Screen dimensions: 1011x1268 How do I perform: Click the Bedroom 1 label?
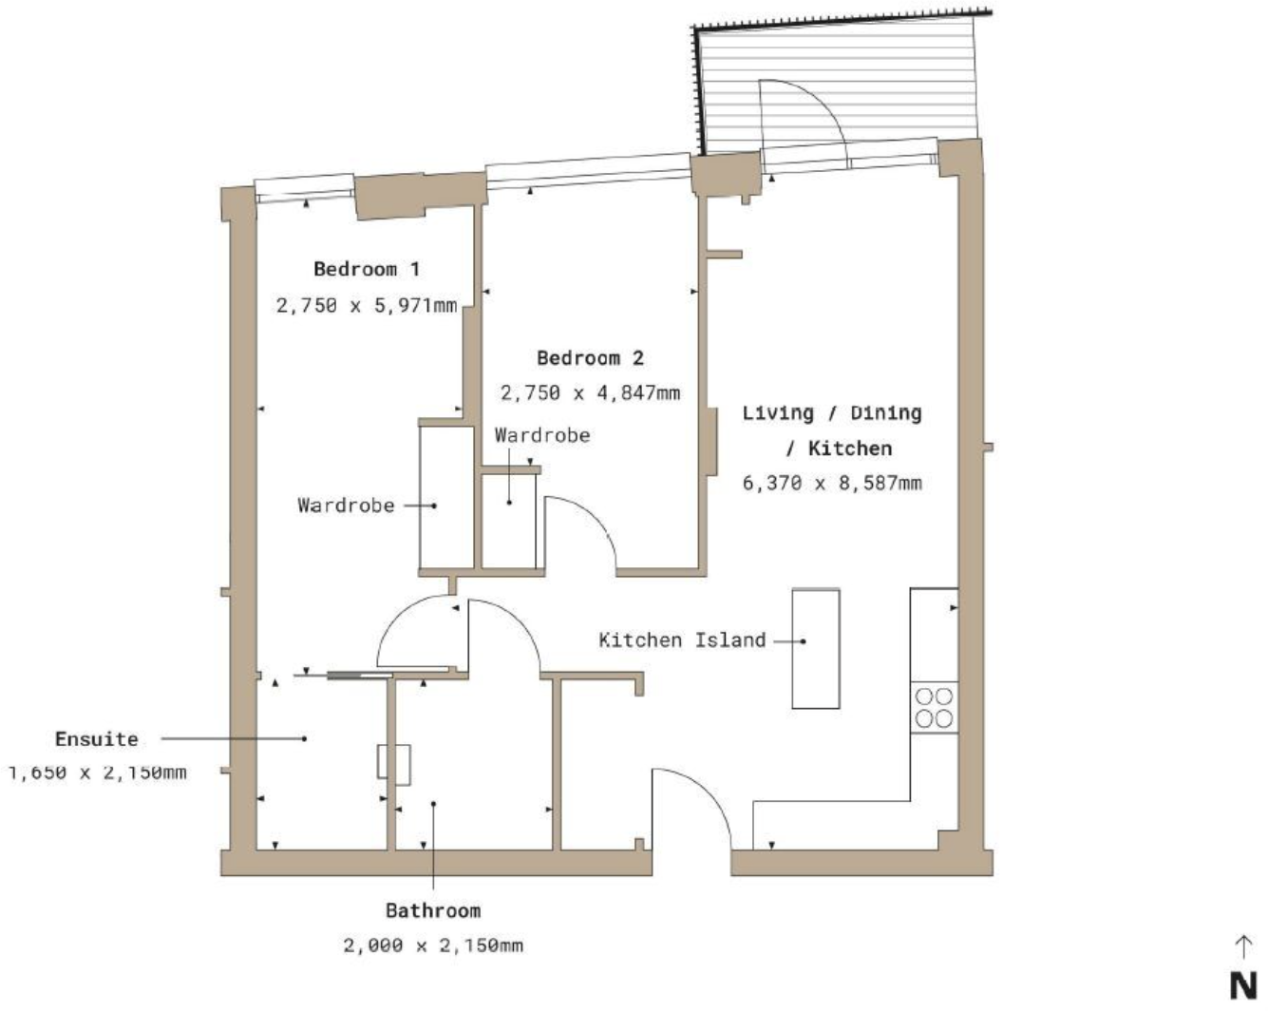(367, 269)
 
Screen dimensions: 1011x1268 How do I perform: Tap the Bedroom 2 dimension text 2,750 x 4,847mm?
(590, 392)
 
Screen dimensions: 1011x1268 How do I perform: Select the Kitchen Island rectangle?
(816, 649)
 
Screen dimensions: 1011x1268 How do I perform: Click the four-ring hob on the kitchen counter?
(934, 708)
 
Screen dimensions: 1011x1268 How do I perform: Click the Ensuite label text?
(96, 739)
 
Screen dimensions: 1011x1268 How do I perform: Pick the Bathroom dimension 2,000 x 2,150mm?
(433, 945)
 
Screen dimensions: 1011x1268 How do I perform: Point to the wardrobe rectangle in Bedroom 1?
(446, 499)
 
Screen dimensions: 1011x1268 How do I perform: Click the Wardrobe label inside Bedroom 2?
(542, 435)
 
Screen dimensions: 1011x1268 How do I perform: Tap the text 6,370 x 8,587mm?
(832, 483)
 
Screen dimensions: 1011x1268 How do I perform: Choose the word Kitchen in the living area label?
(850, 448)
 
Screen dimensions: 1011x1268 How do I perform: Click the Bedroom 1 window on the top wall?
(304, 188)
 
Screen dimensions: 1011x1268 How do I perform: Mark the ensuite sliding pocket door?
(360, 675)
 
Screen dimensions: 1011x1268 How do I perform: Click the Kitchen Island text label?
(682, 640)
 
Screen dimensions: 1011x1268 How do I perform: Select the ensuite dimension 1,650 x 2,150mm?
(97, 773)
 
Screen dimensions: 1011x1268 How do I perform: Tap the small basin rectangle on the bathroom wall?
(394, 765)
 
